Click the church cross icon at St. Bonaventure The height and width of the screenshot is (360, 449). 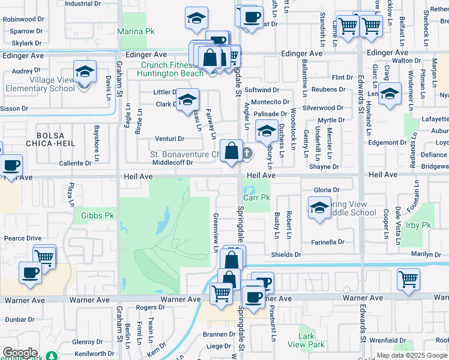click(x=246, y=154)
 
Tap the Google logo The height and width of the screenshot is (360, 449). click(x=20, y=353)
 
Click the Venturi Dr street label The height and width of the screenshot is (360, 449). click(x=169, y=139)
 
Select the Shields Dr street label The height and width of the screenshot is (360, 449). click(x=285, y=254)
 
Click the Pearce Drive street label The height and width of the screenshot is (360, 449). click(x=23, y=238)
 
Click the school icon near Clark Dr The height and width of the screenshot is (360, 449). click(x=187, y=100)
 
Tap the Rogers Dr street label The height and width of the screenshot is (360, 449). click(x=146, y=307)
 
